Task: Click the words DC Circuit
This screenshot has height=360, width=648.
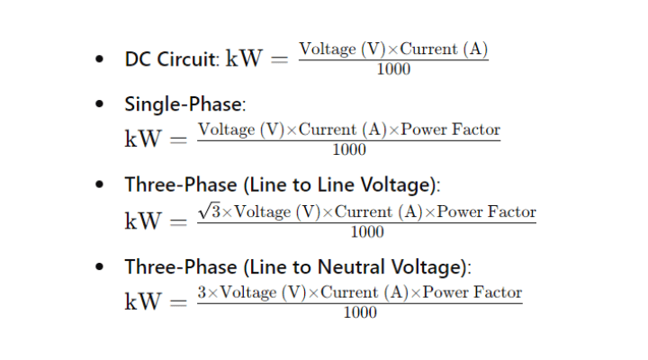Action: coord(170,58)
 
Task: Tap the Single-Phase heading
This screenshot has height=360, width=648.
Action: coord(184,103)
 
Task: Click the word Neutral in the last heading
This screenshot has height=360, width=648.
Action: coord(351,266)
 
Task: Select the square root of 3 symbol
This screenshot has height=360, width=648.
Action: coord(209,211)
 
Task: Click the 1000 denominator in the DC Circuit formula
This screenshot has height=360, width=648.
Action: coord(393,69)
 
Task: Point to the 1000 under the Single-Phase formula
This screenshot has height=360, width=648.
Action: coord(349,149)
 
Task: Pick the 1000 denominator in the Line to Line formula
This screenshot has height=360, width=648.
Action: coord(367,232)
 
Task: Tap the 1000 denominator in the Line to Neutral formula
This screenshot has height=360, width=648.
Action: coord(360,312)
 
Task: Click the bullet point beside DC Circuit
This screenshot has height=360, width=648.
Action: coord(99,59)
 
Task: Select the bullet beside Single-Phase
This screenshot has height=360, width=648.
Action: coord(99,103)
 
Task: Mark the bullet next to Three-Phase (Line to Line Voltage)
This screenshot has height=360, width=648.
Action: coord(99,184)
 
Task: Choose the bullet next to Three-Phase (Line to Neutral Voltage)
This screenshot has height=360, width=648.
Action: coord(99,266)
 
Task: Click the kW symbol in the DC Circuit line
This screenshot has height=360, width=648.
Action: coord(244,58)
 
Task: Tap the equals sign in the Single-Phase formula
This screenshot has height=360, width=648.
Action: coord(178,139)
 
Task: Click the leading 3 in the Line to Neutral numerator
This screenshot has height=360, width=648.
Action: coord(202,292)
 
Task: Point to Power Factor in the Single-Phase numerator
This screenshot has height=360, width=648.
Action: coord(451,130)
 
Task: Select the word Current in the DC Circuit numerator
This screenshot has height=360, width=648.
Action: coord(429,49)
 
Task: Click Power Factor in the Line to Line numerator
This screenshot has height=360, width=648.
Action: coord(486,211)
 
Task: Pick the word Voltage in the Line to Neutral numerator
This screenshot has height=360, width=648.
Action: coord(248,292)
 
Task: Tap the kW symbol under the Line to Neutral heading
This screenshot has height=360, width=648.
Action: coord(142,301)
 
